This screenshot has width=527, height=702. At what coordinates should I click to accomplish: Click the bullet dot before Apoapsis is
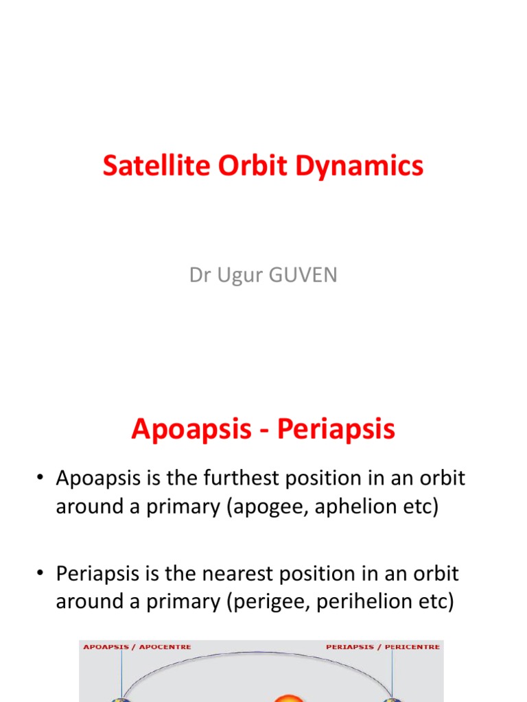pyautogui.click(x=41, y=479)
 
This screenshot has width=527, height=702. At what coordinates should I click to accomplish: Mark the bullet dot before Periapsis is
pyautogui.click(x=41, y=573)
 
